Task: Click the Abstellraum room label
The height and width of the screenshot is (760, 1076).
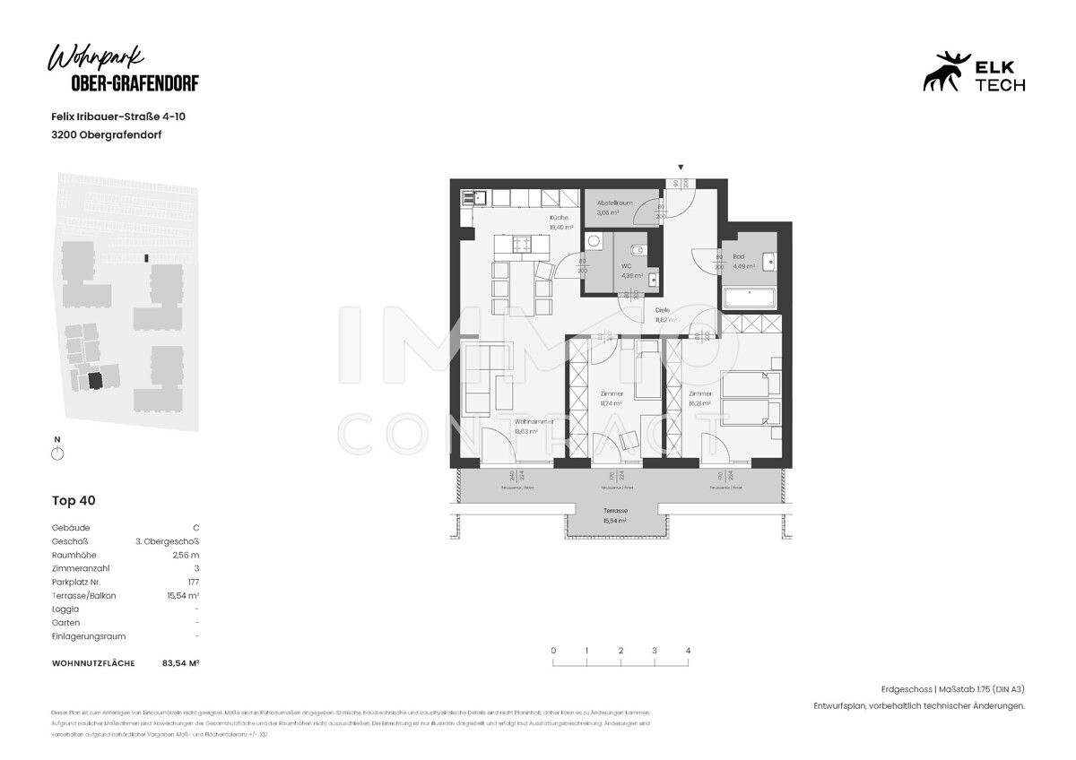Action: [x=614, y=203]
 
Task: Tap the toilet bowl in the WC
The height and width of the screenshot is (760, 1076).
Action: [x=636, y=248]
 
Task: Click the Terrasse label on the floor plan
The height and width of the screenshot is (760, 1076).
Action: [x=614, y=510]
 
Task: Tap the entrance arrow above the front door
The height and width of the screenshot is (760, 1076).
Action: [x=681, y=168]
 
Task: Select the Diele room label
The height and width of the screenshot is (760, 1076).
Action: [x=662, y=310]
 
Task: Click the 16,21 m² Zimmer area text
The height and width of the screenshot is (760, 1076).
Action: [x=699, y=403]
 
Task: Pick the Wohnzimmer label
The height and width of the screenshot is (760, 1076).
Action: [x=534, y=421]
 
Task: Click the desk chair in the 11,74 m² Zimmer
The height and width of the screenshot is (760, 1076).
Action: [x=629, y=438]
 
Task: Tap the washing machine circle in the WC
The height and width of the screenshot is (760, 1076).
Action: [x=594, y=241]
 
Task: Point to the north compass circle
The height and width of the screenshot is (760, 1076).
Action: [x=57, y=453]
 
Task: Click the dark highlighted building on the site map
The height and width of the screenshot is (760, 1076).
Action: [x=96, y=380]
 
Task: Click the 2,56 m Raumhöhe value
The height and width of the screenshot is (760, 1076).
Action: [x=186, y=555]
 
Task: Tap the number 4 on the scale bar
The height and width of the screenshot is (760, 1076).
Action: [x=688, y=651]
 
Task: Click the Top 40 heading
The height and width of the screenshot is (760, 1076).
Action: [x=74, y=501]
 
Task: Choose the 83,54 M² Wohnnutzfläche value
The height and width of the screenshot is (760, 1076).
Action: [x=180, y=663]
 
